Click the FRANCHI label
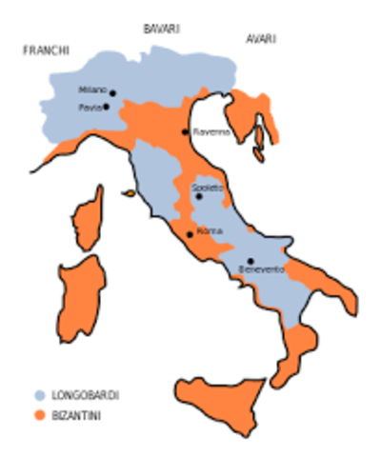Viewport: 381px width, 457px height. click(46, 50)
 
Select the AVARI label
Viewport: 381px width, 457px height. click(260, 39)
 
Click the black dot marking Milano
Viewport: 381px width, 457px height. click(112, 93)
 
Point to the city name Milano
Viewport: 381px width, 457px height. click(92, 89)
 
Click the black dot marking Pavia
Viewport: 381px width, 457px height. click(106, 107)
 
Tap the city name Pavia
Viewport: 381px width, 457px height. click(90, 108)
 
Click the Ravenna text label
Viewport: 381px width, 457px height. click(211, 132)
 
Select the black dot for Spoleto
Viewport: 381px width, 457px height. click(199, 197)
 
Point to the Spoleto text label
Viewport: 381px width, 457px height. click(207, 188)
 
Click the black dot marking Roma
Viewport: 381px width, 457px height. click(190, 233)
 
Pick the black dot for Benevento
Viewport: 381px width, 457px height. click(250, 260)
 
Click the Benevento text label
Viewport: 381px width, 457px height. click(262, 270)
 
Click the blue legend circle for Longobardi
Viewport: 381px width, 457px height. click(39, 394)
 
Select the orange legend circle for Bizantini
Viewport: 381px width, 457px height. click(39, 415)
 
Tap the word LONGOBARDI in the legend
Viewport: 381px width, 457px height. click(87, 394)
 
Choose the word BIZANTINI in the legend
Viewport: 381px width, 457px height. click(79, 416)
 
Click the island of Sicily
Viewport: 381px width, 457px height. click(219, 395)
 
